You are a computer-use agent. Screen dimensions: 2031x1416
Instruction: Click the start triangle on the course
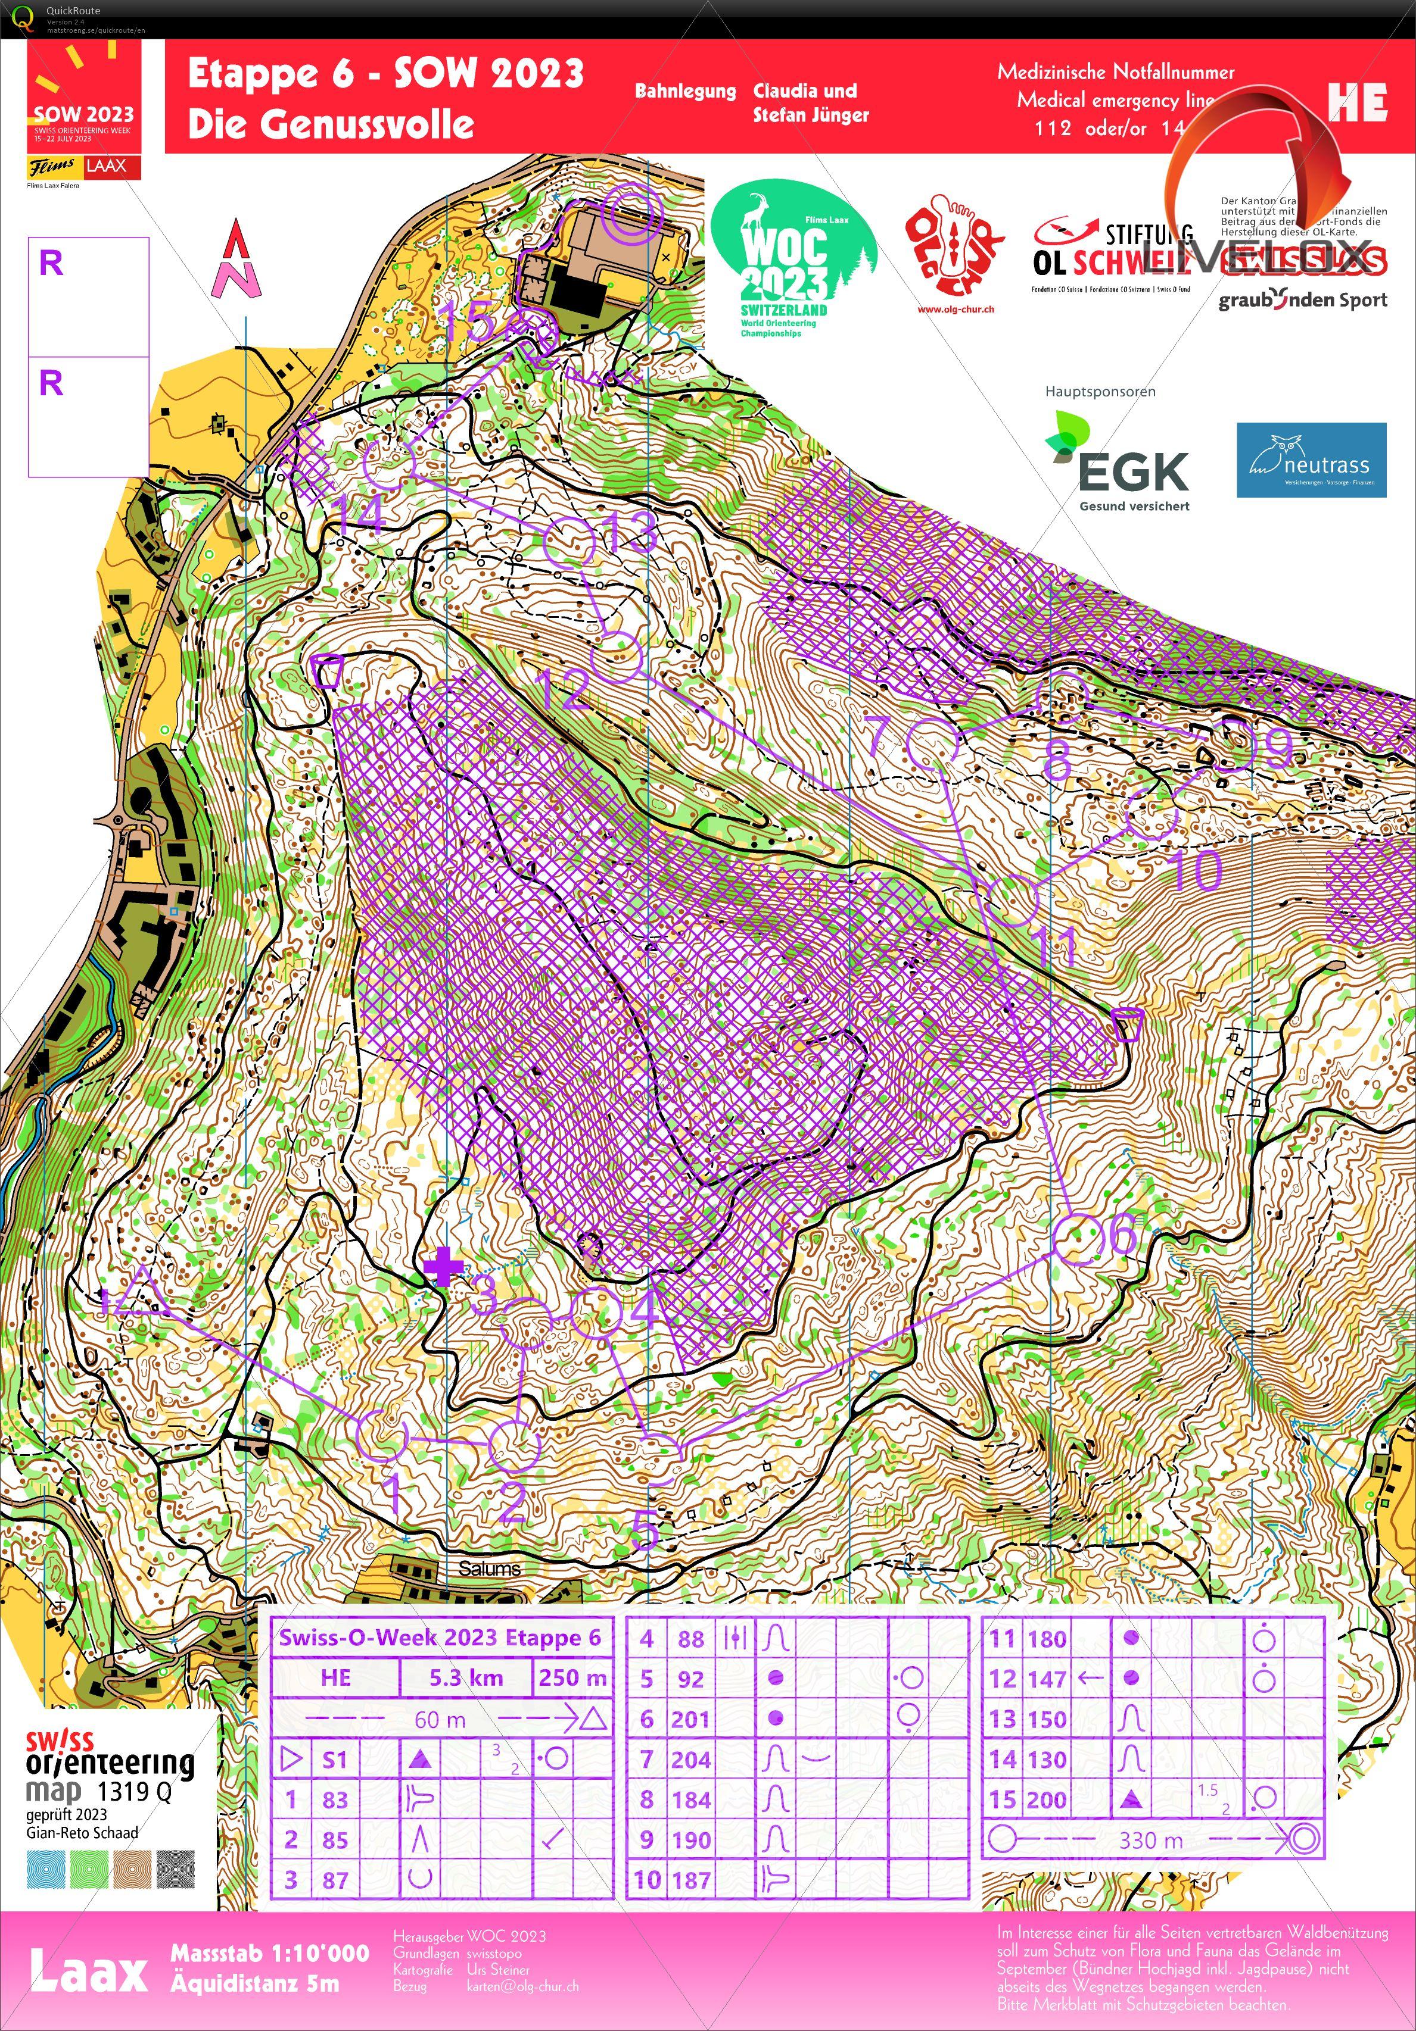140,1294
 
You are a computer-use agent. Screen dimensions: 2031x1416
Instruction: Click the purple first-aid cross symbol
443,1267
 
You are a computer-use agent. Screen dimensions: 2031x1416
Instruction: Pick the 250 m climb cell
572,1677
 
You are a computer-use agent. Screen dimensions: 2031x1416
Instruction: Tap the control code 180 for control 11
1046,1638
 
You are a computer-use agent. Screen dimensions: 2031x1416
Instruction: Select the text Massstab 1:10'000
270,1952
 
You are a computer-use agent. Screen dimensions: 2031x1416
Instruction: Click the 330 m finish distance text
1150,1840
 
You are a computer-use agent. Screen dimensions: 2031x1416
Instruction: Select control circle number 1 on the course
381,1435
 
